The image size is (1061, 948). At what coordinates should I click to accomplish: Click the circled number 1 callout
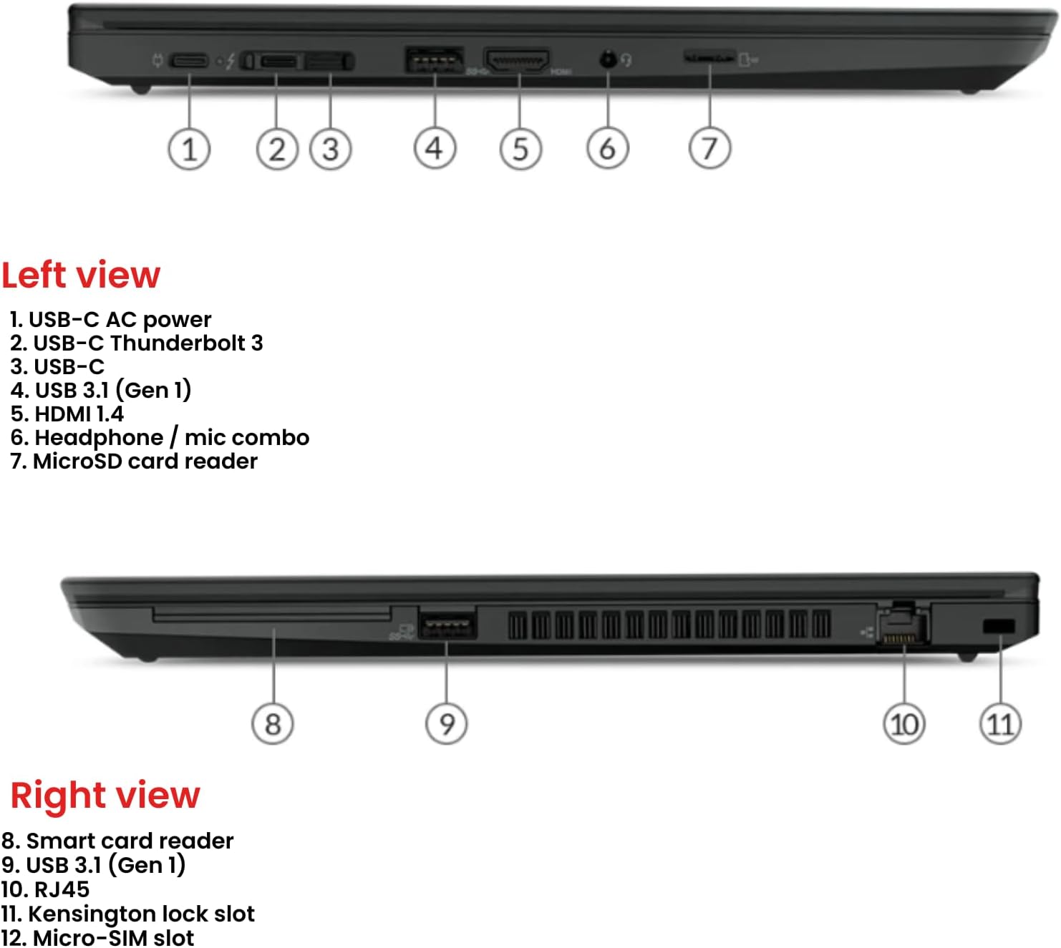click(x=189, y=150)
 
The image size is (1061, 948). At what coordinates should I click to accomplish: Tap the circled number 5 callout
click(x=520, y=149)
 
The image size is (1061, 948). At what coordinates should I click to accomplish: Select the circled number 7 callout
click(x=709, y=148)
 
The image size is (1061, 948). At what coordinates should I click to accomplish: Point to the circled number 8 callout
click(x=273, y=724)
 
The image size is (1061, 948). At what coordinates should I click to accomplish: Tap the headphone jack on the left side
click(x=608, y=59)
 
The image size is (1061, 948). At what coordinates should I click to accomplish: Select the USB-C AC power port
click(x=188, y=61)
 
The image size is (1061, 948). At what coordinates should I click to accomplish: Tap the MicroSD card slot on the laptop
click(x=709, y=56)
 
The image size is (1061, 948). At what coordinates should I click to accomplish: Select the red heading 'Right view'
click(x=105, y=795)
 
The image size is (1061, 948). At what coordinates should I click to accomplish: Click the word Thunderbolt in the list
click(x=178, y=343)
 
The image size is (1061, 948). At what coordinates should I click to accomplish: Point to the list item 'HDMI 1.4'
click(x=67, y=414)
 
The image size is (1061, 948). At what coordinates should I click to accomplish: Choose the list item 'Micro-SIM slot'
click(x=97, y=937)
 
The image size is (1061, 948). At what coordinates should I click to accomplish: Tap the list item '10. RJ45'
click(x=45, y=889)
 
